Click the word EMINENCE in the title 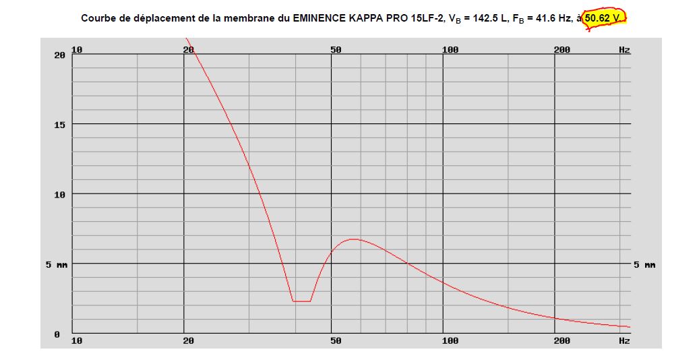click(315, 18)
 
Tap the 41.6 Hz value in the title click(549, 18)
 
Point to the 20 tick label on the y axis click(59, 55)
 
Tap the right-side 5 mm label click(645, 265)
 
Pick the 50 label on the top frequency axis click(336, 49)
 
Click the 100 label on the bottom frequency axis click(450, 341)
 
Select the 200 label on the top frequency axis click(561, 49)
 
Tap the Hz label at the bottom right click(624, 341)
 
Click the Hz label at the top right click(624, 49)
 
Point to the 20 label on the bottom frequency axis click(189, 341)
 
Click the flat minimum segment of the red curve click(301, 301)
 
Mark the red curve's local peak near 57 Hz click(354, 239)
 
